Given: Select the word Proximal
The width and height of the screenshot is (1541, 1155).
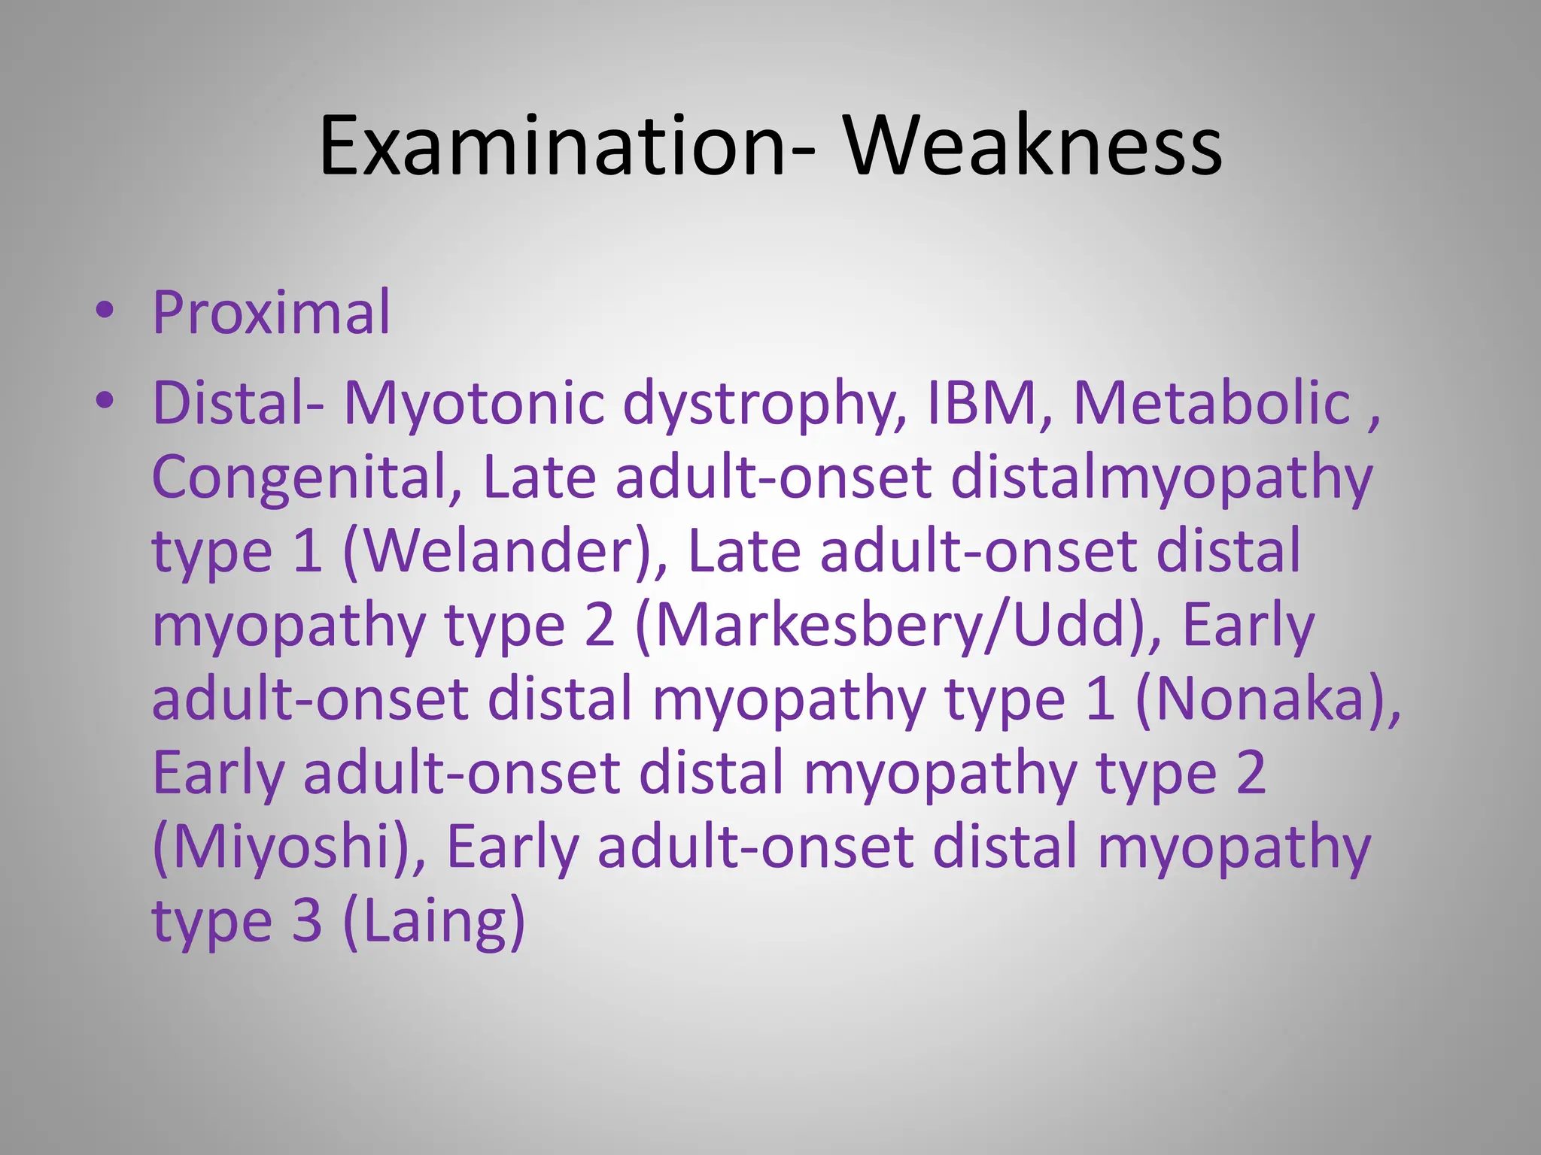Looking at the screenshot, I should click(x=272, y=312).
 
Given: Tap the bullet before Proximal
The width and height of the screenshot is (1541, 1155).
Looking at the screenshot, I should click(x=105, y=311).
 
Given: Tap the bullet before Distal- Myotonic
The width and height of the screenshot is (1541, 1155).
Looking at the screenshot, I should click(x=105, y=402).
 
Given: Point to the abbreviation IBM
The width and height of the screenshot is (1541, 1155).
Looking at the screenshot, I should click(x=981, y=404).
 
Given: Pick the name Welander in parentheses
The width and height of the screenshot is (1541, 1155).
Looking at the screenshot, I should click(x=504, y=552).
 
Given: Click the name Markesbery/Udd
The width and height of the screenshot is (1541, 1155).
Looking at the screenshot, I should click(x=888, y=626).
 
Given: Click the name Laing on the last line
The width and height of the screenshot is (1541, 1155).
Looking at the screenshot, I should click(x=433, y=922).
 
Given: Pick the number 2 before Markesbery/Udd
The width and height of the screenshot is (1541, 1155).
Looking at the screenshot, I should click(x=600, y=626).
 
